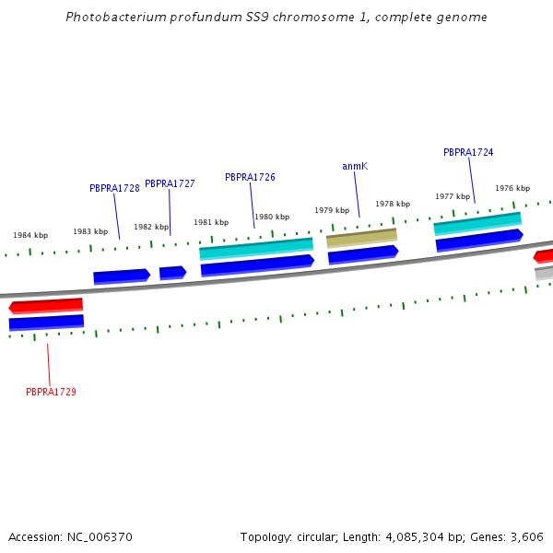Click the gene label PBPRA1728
(x=114, y=188)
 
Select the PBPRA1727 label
(x=170, y=183)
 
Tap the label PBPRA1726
(x=250, y=177)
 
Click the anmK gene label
(x=355, y=166)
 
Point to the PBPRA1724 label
(x=468, y=152)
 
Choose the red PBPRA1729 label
(x=51, y=392)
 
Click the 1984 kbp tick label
(x=30, y=235)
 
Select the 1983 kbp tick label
(x=90, y=231)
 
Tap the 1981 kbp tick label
(x=211, y=222)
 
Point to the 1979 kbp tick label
(x=332, y=210)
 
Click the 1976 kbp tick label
(x=512, y=188)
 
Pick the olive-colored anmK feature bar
(x=361, y=238)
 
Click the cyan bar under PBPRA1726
(x=256, y=248)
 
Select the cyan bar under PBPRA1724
(x=477, y=222)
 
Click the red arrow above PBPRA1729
(x=46, y=305)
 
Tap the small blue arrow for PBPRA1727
(x=172, y=272)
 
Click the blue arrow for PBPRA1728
(x=121, y=276)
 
